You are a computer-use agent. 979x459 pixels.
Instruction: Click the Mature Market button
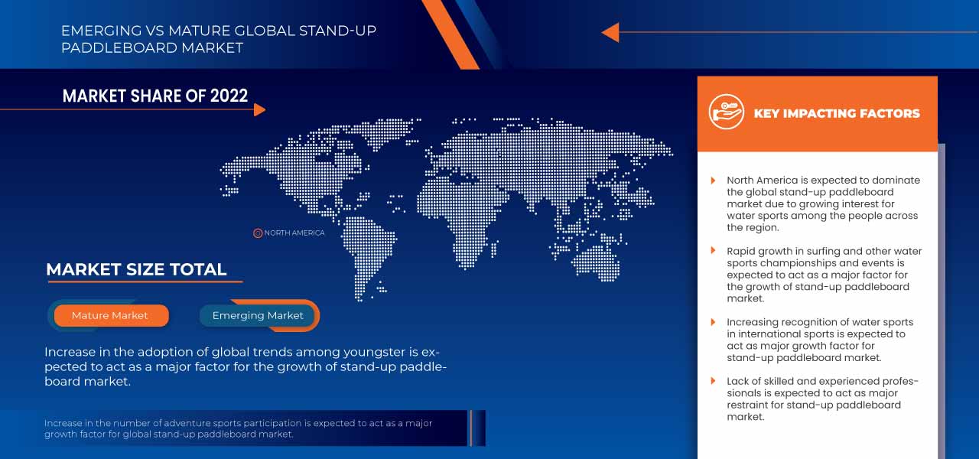pyautogui.click(x=110, y=315)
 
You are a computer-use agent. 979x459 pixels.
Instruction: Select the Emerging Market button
pyautogui.click(x=258, y=315)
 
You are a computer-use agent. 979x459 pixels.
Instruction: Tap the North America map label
pyautogui.click(x=294, y=233)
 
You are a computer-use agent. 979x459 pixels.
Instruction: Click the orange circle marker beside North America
pyautogui.click(x=258, y=233)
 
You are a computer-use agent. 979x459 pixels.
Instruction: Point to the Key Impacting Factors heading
pyautogui.click(x=837, y=113)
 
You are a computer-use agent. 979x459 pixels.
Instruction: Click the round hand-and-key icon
pyautogui.click(x=726, y=112)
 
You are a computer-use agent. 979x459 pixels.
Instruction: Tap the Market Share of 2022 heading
pyautogui.click(x=155, y=96)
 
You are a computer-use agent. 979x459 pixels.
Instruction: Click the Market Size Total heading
pyautogui.click(x=136, y=269)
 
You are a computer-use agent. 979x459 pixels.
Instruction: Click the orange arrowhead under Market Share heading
pyautogui.click(x=259, y=109)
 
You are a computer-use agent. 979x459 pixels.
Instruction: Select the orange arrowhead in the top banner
pyautogui.click(x=610, y=32)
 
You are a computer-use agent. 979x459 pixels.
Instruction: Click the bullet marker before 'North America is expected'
pyautogui.click(x=714, y=181)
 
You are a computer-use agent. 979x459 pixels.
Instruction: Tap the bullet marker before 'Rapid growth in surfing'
pyautogui.click(x=714, y=251)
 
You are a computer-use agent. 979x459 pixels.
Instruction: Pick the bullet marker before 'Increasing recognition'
pyautogui.click(x=714, y=322)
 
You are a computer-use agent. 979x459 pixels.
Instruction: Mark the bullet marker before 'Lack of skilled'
pyautogui.click(x=714, y=381)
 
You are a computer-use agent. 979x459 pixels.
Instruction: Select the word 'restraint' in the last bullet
pyautogui.click(x=750, y=405)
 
